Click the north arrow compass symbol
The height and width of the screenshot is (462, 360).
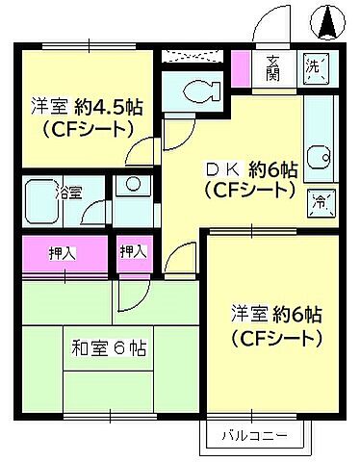point(328,21)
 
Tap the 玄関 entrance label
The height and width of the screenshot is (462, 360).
point(272,67)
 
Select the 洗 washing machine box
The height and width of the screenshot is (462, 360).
point(315,68)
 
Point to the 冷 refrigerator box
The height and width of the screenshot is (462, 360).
point(321,202)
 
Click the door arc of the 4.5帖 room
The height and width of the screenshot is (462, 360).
point(142,152)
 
